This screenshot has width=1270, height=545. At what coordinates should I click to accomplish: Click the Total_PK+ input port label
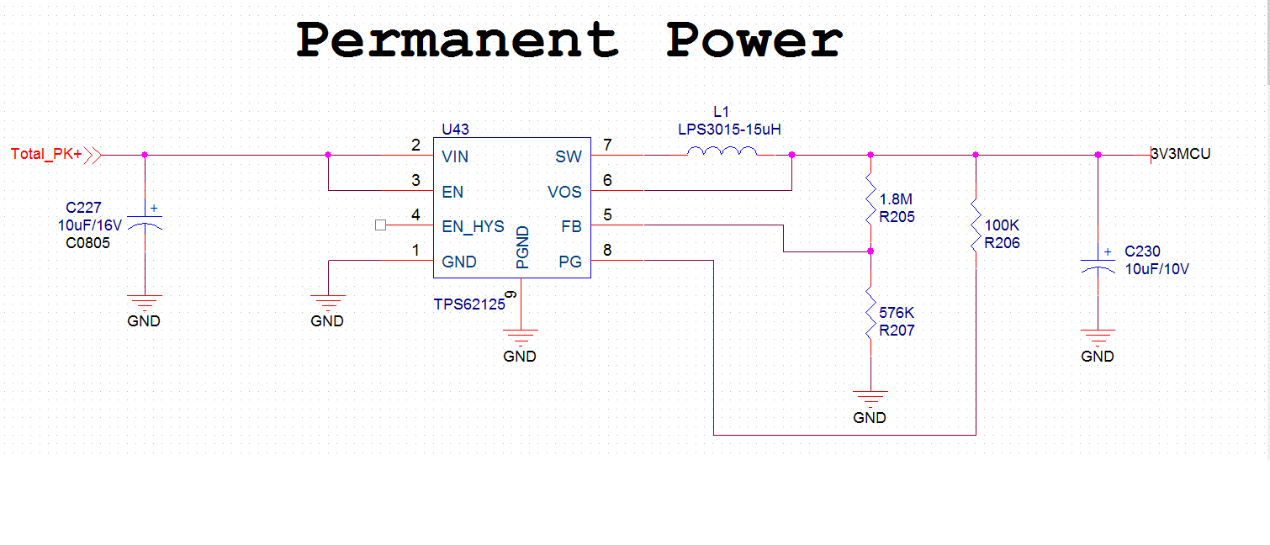46,155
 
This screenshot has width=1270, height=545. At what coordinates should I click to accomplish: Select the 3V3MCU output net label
1182,154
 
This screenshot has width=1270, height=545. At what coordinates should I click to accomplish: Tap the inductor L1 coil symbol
722,152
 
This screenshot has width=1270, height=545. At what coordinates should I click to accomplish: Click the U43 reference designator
455,130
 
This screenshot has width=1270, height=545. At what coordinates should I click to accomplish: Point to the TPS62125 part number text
469,304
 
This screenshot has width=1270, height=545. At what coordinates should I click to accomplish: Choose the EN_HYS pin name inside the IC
473,226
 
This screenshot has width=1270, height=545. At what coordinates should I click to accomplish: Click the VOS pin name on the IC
564,192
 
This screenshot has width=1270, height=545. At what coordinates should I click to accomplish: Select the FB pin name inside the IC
571,226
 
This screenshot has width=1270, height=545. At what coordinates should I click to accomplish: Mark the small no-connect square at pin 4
380,225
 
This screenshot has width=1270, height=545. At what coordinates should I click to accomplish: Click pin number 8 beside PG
607,250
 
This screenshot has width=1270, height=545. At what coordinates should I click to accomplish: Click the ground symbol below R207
870,398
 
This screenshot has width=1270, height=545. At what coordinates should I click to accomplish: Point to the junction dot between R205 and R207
870,251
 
